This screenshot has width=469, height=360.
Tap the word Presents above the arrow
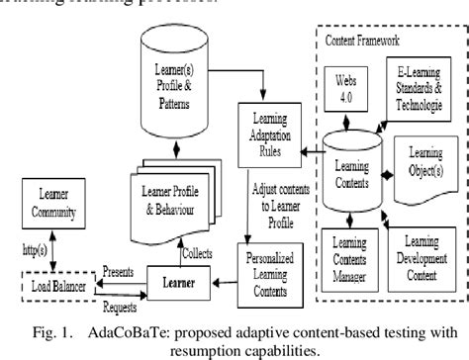tap(120, 267)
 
